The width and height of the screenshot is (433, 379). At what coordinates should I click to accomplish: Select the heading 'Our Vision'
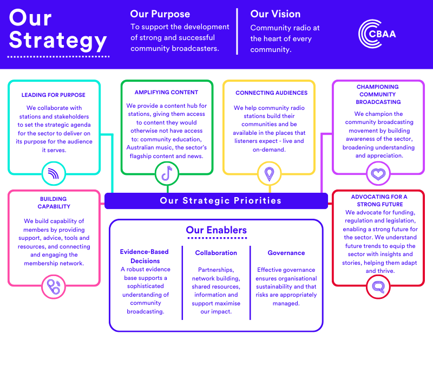click(275, 14)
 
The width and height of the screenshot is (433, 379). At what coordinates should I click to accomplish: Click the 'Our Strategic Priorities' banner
click(221, 201)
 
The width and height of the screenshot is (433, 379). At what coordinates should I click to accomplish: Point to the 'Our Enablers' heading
click(216, 230)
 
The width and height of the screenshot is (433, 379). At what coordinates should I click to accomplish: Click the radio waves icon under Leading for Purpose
click(54, 174)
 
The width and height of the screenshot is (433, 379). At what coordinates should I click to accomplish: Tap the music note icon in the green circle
click(167, 174)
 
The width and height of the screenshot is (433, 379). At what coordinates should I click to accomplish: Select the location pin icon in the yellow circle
click(269, 174)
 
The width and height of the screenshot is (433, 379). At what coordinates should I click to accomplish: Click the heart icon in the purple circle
click(377, 174)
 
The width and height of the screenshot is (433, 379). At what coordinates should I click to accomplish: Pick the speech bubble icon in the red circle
click(377, 285)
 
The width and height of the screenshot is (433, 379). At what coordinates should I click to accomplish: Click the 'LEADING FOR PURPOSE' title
click(54, 95)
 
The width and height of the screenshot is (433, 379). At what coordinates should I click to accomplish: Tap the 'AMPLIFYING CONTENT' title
click(166, 93)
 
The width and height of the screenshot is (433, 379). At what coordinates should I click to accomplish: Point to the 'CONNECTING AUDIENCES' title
click(271, 93)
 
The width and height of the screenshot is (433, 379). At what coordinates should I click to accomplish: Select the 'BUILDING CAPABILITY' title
click(54, 203)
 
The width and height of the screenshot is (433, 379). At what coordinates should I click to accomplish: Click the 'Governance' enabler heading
click(286, 253)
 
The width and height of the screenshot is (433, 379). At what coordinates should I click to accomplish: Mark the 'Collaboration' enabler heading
click(216, 253)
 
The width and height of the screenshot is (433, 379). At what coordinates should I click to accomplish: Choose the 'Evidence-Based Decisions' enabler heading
click(144, 256)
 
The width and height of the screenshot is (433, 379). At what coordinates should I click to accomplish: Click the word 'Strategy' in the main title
click(58, 41)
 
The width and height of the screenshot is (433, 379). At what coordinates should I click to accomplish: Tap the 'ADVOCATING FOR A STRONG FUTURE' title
click(379, 200)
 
